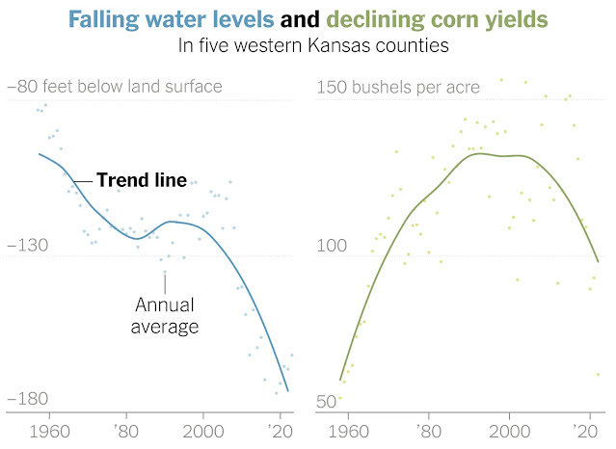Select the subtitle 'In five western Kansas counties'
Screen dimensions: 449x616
point(308,44)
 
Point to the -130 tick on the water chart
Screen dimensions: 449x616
point(27,247)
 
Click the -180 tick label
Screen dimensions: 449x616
point(27,399)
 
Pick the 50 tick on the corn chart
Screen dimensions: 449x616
point(327,400)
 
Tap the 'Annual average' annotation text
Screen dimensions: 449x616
point(166,316)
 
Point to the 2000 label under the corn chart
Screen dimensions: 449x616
point(510,432)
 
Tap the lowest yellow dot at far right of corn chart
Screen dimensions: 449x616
point(598,374)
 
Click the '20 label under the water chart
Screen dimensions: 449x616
point(280,432)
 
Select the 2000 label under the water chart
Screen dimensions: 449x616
point(203,432)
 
